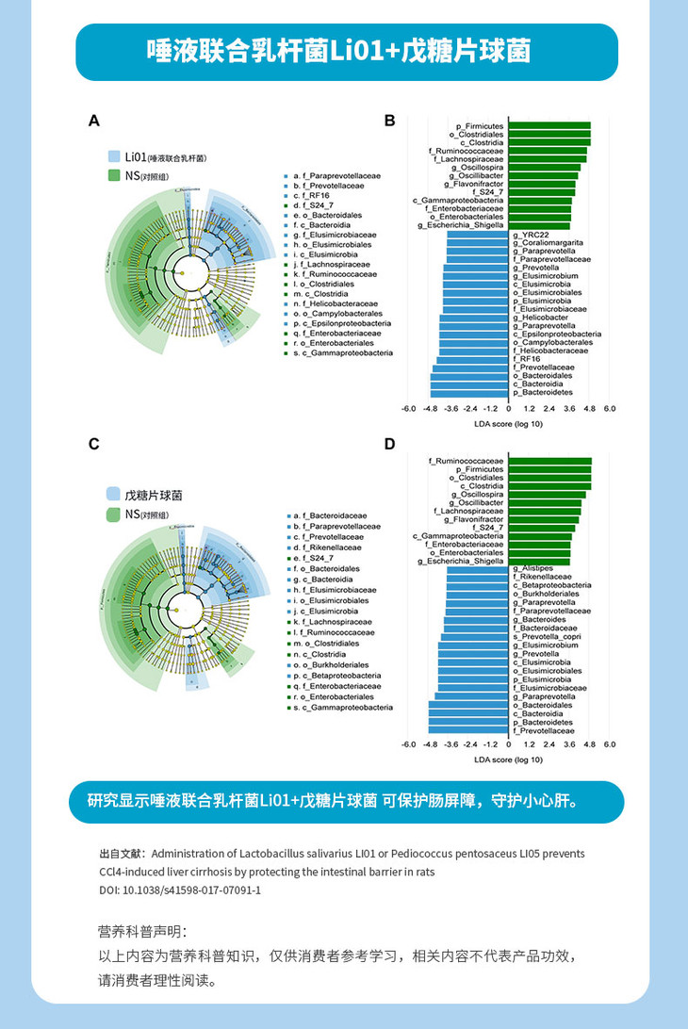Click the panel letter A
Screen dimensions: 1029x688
93,121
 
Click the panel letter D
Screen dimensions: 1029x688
389,444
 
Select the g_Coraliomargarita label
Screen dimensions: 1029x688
548,242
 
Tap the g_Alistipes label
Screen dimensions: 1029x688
533,568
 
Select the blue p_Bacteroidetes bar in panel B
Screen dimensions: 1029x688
469,392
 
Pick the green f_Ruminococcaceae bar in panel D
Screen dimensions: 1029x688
550,461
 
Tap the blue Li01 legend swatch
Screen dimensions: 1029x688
113,156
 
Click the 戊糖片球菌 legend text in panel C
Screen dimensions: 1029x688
154,495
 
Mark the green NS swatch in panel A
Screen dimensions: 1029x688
113,175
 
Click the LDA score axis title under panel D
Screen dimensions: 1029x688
508,759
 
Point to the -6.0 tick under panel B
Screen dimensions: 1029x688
408,409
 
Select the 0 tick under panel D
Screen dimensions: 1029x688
509,744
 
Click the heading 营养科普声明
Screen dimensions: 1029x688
136,932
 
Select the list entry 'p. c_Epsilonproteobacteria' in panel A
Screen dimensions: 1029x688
342,322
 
